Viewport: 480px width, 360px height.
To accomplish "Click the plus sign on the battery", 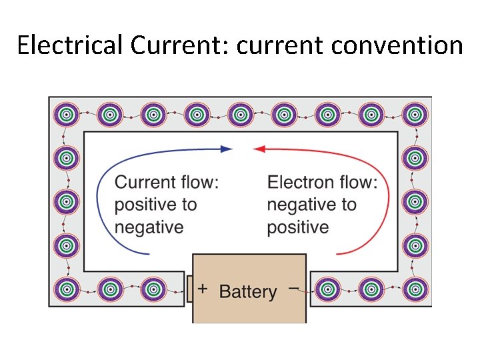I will pyautogui.click(x=203, y=288).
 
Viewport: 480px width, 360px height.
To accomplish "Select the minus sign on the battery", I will pyautogui.click(x=293, y=288).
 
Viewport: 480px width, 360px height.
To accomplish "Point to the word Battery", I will pyautogui.click(x=247, y=292).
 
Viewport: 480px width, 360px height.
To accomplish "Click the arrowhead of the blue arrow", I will pyautogui.click(x=228, y=149).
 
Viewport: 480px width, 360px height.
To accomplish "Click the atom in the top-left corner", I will pyautogui.click(x=66, y=115).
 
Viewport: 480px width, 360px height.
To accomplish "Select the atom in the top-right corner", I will pyautogui.click(x=415, y=115).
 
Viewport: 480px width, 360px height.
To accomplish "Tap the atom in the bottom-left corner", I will pyautogui.click(x=66, y=289).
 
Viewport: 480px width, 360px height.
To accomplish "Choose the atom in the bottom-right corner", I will pyautogui.click(x=415, y=289).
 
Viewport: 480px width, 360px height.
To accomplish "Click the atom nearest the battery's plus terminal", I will pyautogui.click(x=153, y=289).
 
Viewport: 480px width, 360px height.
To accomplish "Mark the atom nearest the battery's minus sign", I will pyautogui.click(x=327, y=289).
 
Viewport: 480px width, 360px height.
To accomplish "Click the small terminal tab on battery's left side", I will pyautogui.click(x=189, y=289).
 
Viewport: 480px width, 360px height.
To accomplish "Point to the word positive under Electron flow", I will pyautogui.click(x=297, y=227).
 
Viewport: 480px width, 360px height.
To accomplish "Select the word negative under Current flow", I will pyautogui.click(x=149, y=227).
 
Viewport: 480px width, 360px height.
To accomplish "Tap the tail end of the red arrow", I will pyautogui.click(x=338, y=253).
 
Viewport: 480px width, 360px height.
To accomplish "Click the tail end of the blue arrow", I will pyautogui.click(x=149, y=253).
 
